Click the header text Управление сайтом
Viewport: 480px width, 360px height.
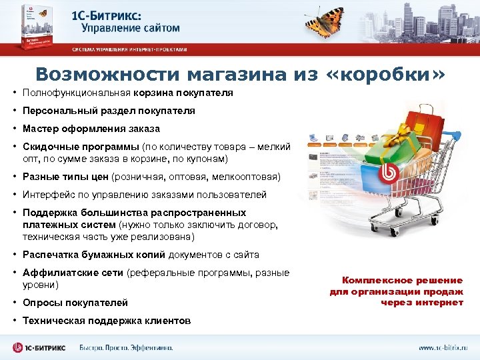[131, 28]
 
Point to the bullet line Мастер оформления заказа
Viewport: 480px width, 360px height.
[91, 128]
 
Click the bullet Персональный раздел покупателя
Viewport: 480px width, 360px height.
[109, 111]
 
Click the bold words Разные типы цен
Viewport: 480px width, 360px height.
[65, 177]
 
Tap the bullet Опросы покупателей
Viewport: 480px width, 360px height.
[75, 303]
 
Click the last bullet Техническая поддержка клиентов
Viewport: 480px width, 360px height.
[107, 321]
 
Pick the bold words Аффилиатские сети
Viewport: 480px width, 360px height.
[73, 273]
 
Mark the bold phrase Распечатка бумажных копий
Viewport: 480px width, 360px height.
[94, 255]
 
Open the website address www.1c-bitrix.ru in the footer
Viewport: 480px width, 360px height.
[443, 347]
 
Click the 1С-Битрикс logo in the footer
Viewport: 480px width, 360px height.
[40, 347]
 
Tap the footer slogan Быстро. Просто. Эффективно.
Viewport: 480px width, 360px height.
[126, 347]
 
